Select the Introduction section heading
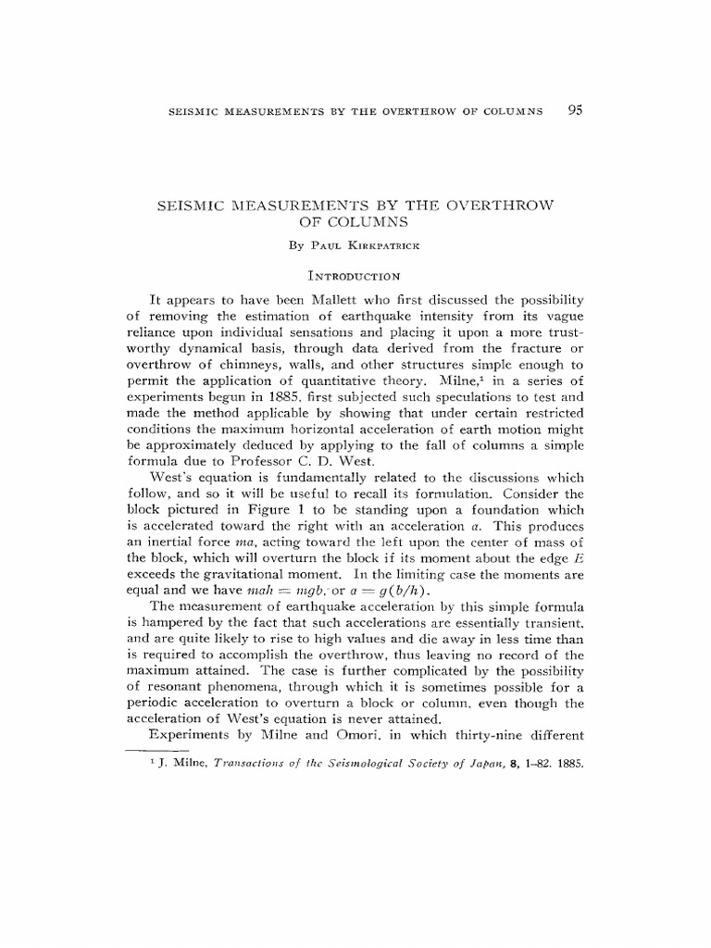[355, 275]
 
